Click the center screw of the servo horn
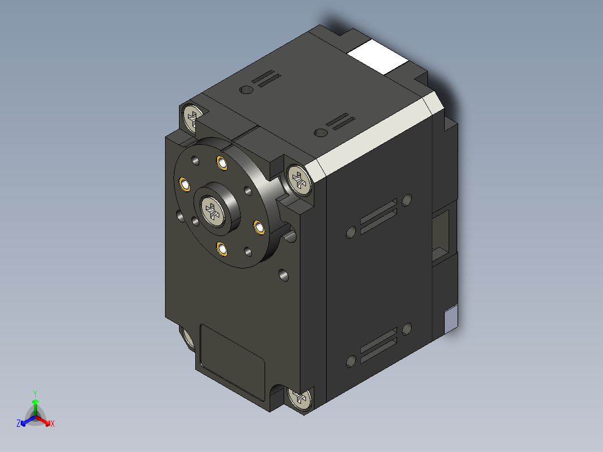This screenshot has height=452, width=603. tap(214, 211)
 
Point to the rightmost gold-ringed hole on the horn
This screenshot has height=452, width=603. tap(259, 227)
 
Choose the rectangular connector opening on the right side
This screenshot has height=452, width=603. tap(445, 232)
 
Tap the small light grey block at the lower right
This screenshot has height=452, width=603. tap(450, 320)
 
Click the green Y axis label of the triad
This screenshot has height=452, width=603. tap(35, 393)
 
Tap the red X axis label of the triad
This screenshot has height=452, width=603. tap(53, 423)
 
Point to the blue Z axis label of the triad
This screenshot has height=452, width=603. tap(18, 423)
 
